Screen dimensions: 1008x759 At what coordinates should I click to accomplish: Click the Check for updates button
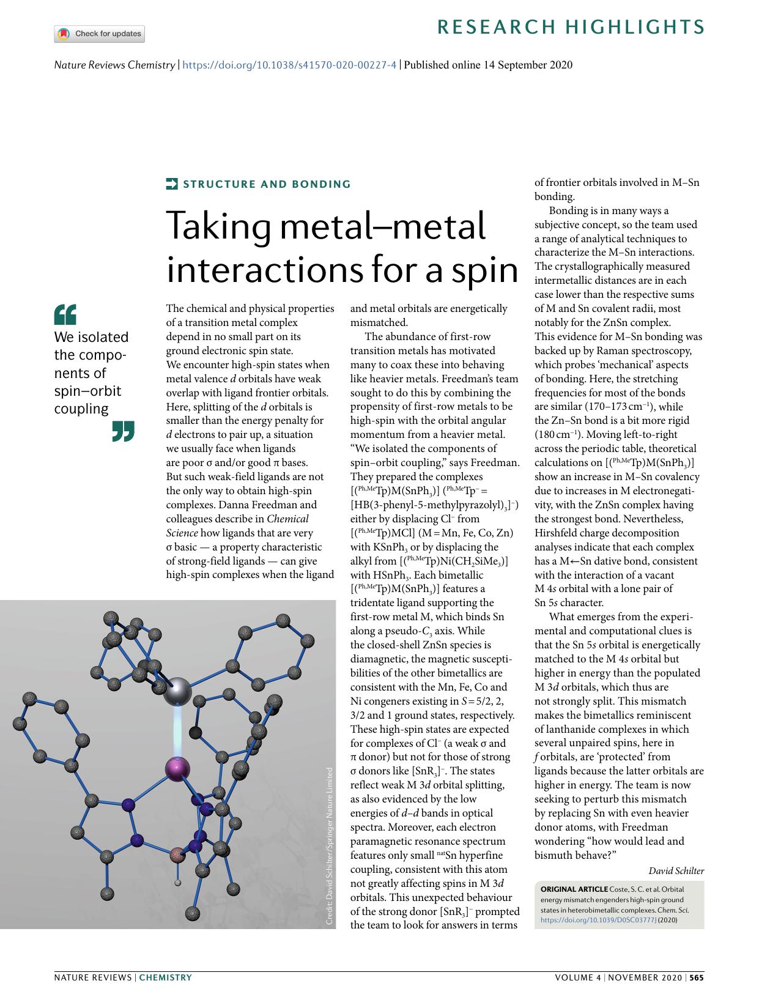click(100, 34)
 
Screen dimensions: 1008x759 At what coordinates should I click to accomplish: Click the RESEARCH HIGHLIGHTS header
click(571, 27)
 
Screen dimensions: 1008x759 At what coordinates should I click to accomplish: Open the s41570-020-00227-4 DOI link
click(289, 65)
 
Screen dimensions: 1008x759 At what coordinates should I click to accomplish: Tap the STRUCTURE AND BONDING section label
click(267, 183)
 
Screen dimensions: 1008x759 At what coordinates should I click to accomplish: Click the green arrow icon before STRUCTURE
click(172, 183)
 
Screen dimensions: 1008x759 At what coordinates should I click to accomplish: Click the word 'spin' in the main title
click(483, 269)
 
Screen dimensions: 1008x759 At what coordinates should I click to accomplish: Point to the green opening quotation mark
click(65, 314)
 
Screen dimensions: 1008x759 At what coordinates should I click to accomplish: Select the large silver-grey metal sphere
click(178, 692)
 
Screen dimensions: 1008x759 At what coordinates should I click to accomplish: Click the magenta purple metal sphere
click(178, 768)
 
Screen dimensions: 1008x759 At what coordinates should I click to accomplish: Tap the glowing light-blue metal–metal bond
click(178, 731)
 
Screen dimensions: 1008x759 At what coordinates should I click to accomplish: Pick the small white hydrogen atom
click(178, 883)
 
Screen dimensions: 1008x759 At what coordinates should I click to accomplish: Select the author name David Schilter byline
click(676, 870)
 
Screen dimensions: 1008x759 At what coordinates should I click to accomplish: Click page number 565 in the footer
click(697, 977)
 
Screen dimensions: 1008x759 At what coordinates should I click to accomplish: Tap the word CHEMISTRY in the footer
click(166, 977)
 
